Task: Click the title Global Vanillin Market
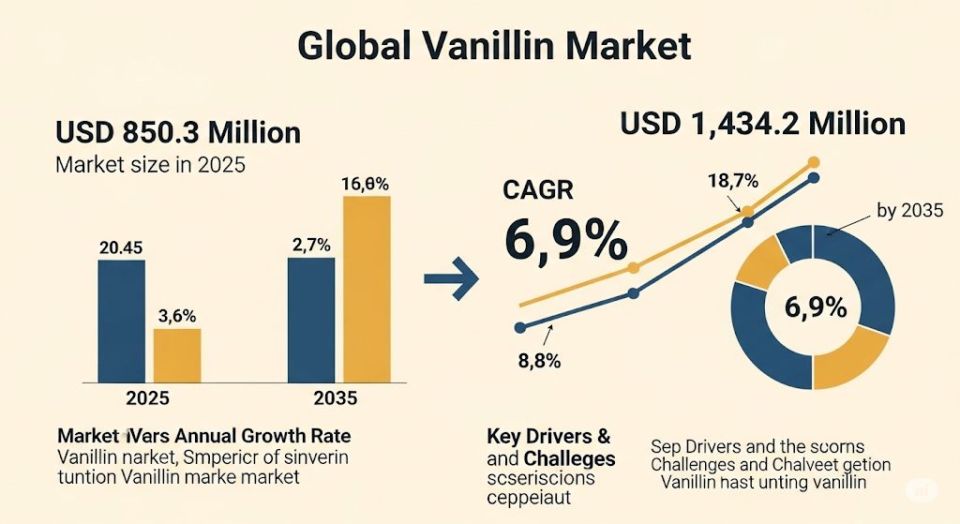(494, 47)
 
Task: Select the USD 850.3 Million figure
(178, 132)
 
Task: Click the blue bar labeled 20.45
(121, 321)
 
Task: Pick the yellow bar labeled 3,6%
(176, 355)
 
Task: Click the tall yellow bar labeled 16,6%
(367, 288)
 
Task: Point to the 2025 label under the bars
(148, 398)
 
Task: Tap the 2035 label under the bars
(335, 398)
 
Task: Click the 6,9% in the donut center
(812, 307)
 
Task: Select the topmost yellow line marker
(813, 162)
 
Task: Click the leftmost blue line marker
(519, 327)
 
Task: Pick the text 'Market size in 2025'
(150, 166)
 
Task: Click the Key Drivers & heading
(548, 436)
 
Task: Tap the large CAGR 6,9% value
(565, 240)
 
